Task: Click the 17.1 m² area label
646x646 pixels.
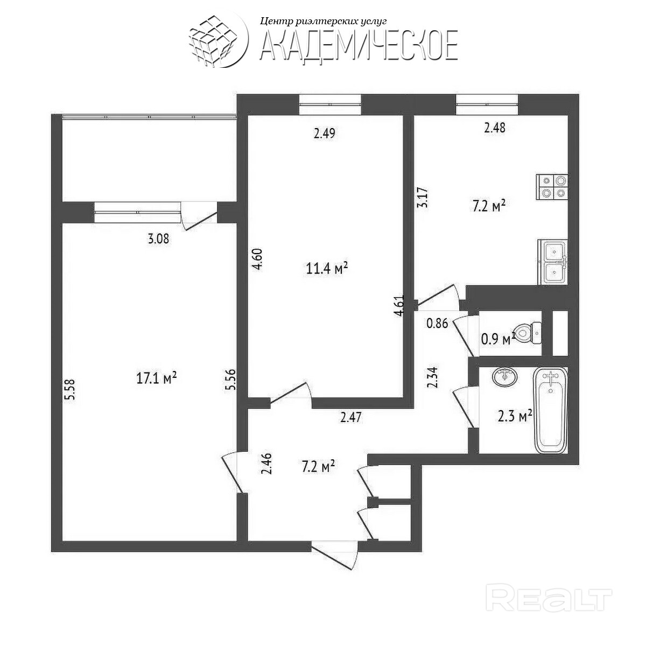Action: click(157, 378)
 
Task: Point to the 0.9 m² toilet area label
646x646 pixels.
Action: click(497, 339)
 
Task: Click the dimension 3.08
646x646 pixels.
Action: click(158, 238)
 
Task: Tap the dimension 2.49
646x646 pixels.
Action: click(325, 133)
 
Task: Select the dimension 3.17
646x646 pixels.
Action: click(424, 197)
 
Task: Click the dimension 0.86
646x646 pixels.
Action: click(437, 324)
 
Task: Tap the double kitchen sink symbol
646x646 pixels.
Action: click(553, 262)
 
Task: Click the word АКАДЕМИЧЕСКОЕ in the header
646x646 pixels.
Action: click(359, 45)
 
